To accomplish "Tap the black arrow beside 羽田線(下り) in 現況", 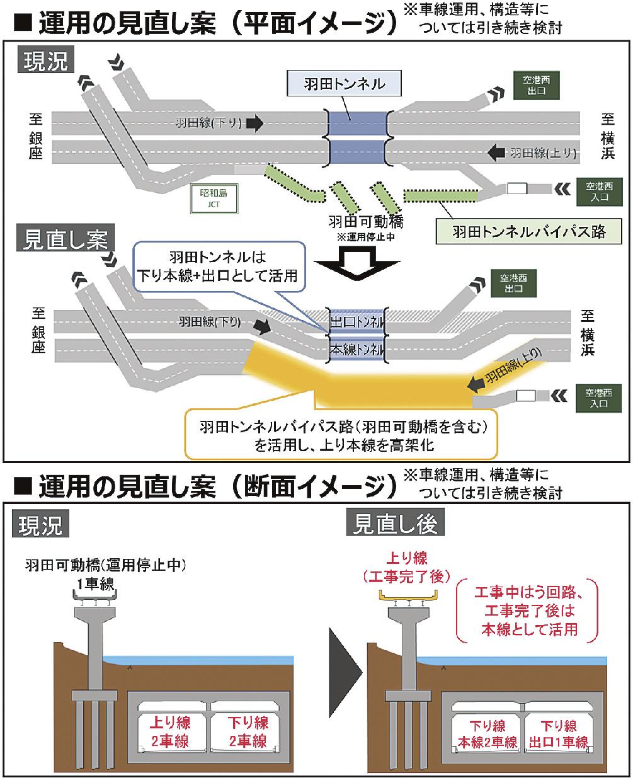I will [x=254, y=123].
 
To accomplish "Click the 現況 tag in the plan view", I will [x=46, y=62].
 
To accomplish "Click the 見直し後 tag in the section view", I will [x=396, y=524].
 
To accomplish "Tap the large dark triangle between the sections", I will [x=345, y=668].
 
